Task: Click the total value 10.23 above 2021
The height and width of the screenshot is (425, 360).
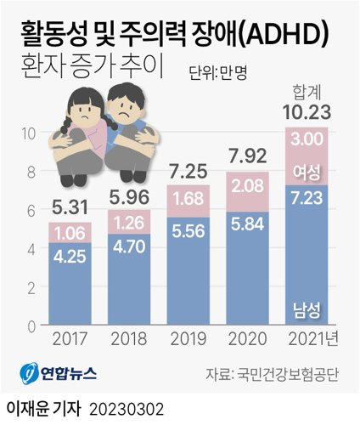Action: click(x=307, y=112)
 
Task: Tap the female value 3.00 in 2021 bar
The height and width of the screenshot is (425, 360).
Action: click(x=307, y=139)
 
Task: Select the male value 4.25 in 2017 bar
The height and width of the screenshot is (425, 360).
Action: click(x=70, y=257)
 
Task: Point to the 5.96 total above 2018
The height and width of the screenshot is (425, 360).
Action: click(x=129, y=197)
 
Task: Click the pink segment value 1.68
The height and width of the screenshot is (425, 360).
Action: click(x=188, y=198)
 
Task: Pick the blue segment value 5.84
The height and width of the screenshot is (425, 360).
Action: click(x=248, y=224)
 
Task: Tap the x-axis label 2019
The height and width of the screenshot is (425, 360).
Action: click(x=188, y=338)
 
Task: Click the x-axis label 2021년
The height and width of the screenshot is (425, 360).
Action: click(x=313, y=338)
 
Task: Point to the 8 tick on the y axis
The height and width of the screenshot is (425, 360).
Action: click(x=31, y=172)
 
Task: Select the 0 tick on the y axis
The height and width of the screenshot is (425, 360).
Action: click(x=31, y=326)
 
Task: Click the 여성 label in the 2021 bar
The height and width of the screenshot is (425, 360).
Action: click(x=307, y=172)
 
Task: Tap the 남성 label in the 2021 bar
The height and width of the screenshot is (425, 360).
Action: click(x=307, y=310)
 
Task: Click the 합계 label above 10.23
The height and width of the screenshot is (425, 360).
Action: click(x=307, y=93)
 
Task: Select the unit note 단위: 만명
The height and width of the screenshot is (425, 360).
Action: click(x=218, y=73)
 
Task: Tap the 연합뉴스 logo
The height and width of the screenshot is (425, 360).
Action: click(x=58, y=373)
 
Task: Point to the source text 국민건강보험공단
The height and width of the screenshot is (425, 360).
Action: click(x=288, y=375)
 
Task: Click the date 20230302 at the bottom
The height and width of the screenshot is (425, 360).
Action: click(x=127, y=409)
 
